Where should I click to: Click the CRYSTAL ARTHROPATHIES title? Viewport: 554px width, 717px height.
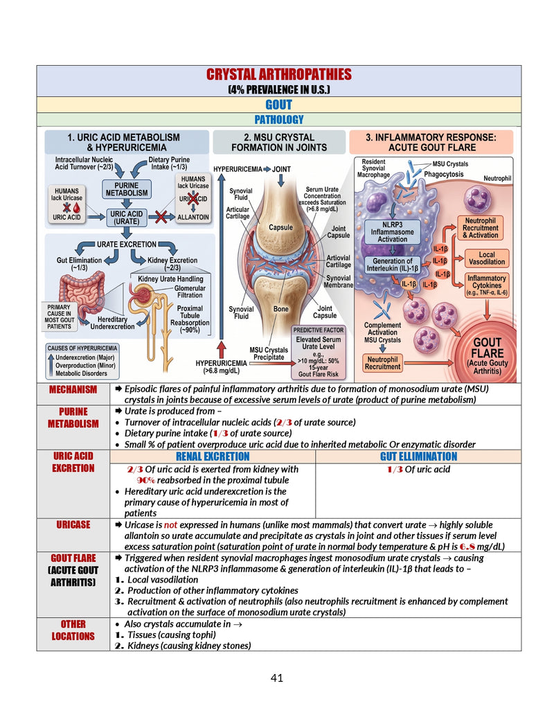pyautogui.click(x=279, y=74)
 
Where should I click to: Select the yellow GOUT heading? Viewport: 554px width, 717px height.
pyautogui.click(x=279, y=105)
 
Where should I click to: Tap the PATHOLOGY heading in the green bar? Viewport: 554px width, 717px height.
pyautogui.click(x=279, y=120)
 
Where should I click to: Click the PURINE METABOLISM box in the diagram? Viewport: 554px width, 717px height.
pyautogui.click(x=127, y=189)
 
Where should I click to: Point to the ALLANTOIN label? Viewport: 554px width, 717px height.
pyautogui.click(x=193, y=218)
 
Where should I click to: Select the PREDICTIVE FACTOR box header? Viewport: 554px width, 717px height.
pyautogui.click(x=318, y=330)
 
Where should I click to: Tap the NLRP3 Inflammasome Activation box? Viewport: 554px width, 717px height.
pyautogui.click(x=392, y=232)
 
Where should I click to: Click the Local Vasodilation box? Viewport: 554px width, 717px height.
pyautogui.click(x=486, y=258)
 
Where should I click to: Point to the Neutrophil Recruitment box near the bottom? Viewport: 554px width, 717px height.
pyautogui.click(x=382, y=363)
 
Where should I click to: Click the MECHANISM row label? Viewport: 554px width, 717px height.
pyautogui.click(x=73, y=389)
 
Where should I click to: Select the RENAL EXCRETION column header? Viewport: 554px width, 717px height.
pyautogui.click(x=213, y=457)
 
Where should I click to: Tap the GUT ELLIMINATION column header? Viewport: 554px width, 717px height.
pyautogui.click(x=418, y=457)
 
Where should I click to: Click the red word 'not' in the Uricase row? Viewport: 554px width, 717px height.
pyautogui.click(x=170, y=525)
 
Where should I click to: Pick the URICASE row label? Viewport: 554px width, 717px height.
pyautogui.click(x=73, y=524)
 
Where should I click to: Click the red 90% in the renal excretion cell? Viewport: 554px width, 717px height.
pyautogui.click(x=146, y=480)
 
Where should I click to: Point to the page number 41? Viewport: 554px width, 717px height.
pyautogui.click(x=277, y=678)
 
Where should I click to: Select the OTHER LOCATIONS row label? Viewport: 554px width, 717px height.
pyautogui.click(x=73, y=630)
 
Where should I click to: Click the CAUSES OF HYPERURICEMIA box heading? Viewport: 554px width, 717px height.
pyautogui.click(x=82, y=348)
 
